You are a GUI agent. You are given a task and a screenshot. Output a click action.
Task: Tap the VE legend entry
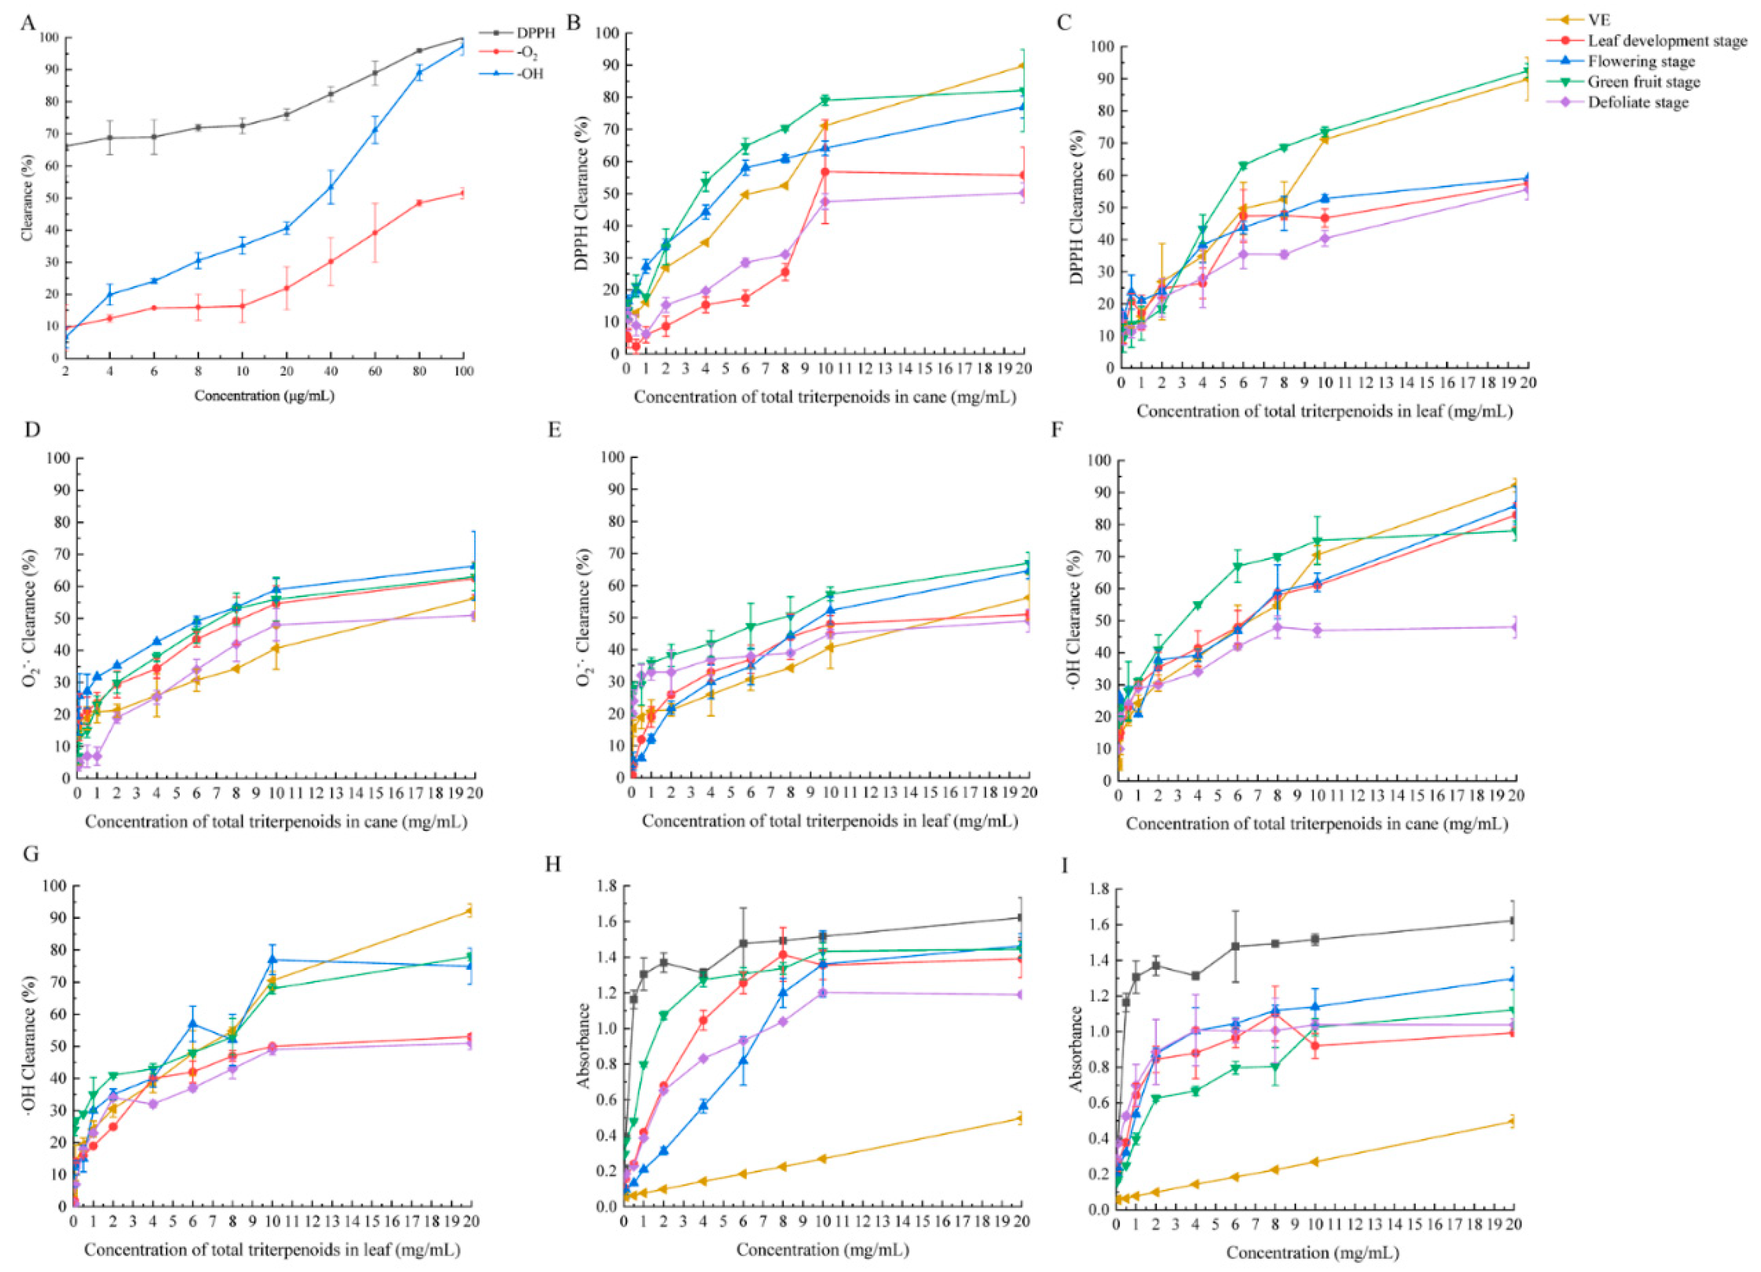point(1601,21)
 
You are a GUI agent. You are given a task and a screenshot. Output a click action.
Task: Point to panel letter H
point(553,865)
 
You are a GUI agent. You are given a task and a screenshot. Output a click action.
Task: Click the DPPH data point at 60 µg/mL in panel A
point(375,73)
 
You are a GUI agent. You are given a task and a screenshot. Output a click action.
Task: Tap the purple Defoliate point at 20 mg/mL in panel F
point(1516,627)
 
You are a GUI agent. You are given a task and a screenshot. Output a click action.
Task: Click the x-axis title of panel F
point(1317,824)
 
